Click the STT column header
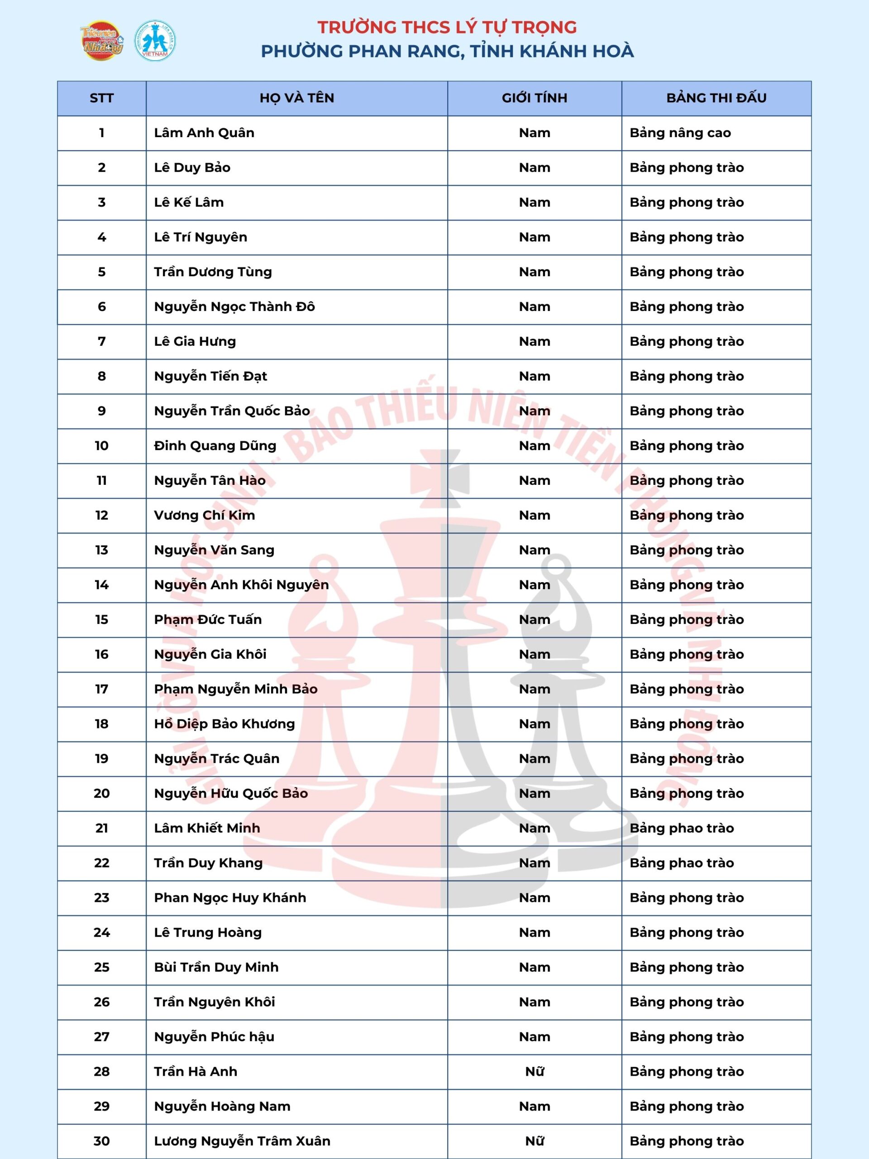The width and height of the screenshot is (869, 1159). pos(102,98)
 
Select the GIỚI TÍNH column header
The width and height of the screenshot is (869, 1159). pos(534,98)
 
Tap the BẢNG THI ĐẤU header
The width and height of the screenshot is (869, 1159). pos(716,98)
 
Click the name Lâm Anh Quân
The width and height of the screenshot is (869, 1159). pos(204,133)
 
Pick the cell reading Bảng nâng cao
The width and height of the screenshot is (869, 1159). pos(680,133)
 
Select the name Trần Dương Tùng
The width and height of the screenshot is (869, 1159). pos(213,272)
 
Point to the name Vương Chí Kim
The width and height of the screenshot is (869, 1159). pos(204,516)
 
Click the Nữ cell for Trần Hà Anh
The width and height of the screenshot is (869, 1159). pos(534,1072)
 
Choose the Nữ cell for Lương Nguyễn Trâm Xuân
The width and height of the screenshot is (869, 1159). pos(534,1140)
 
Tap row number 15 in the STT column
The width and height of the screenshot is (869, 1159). pos(102,620)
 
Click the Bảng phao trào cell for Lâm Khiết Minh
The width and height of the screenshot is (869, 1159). pos(682,829)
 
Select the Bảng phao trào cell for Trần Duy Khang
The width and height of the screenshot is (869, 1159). pos(682,863)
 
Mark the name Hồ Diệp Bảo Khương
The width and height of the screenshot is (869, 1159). pos(224,724)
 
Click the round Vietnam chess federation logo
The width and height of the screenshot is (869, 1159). pos(155,40)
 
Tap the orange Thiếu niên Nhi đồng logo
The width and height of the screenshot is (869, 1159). pos(102,40)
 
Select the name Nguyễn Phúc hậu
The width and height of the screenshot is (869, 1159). pos(214,1037)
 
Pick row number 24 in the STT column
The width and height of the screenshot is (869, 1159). pos(102,933)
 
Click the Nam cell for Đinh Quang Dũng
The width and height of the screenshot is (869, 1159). pos(534,446)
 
